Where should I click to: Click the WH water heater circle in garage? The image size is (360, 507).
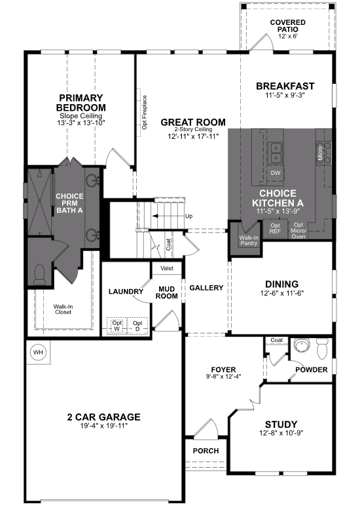coord(38,353)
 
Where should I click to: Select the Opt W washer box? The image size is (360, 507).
coord(117,326)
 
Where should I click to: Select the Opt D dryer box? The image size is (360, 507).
coord(137,326)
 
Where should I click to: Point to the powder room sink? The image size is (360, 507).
coord(302,345)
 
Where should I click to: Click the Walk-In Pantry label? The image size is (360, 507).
coord(249,240)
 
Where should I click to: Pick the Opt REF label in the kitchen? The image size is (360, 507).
coord(276,229)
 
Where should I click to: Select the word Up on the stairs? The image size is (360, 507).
coord(189,216)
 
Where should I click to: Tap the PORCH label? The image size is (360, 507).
coord(206,451)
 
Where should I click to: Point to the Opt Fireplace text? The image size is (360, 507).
coord(145,112)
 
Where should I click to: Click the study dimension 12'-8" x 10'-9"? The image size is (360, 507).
coord(281,434)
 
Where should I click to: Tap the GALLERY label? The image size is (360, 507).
coord(206,288)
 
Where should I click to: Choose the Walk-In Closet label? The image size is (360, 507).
coord(63,309)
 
